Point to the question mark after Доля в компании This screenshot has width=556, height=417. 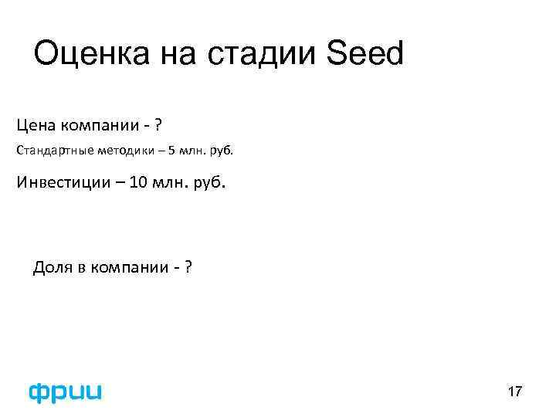(x=188, y=268)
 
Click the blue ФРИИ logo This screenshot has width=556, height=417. (x=65, y=392)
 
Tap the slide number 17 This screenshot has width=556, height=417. (x=514, y=392)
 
